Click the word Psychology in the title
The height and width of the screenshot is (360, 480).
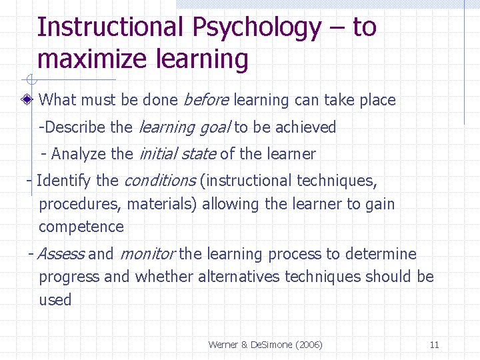[256, 28]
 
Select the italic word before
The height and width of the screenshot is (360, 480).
[205, 100]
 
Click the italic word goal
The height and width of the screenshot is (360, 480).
[214, 127]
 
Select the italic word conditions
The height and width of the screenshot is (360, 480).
[159, 181]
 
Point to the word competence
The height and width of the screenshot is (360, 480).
[81, 227]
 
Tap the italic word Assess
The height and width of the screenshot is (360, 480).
[61, 254]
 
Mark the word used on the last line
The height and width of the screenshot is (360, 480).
[55, 300]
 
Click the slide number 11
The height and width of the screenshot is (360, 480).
[434, 345]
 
